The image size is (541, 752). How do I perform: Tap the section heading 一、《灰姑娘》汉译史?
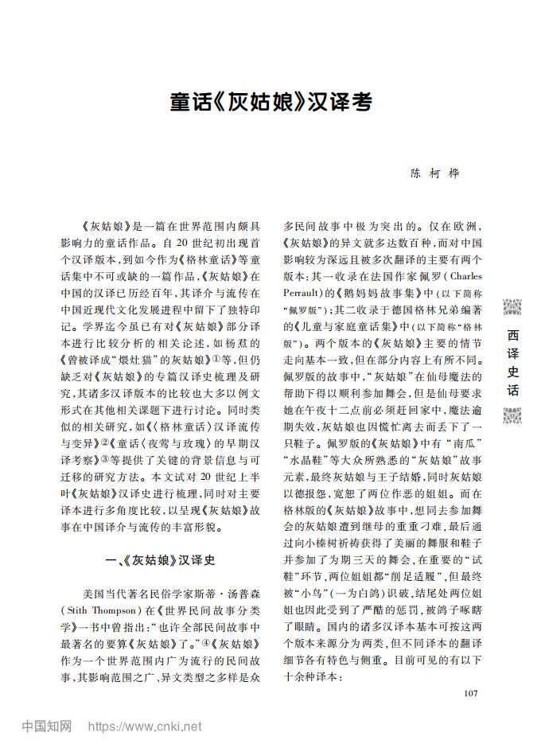(x=161, y=559)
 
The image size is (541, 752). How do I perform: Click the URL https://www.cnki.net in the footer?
(x=144, y=727)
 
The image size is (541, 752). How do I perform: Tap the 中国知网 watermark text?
(x=47, y=727)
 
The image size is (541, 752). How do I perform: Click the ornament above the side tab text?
(x=513, y=306)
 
